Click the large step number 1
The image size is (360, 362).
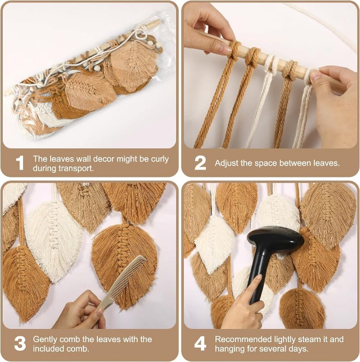(20, 163)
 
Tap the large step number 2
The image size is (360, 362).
(200, 163)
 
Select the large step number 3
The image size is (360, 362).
(20, 344)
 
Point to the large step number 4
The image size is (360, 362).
(200, 344)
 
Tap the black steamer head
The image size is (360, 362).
(275, 241)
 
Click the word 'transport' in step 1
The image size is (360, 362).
(76, 168)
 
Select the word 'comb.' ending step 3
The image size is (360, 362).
(78, 349)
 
